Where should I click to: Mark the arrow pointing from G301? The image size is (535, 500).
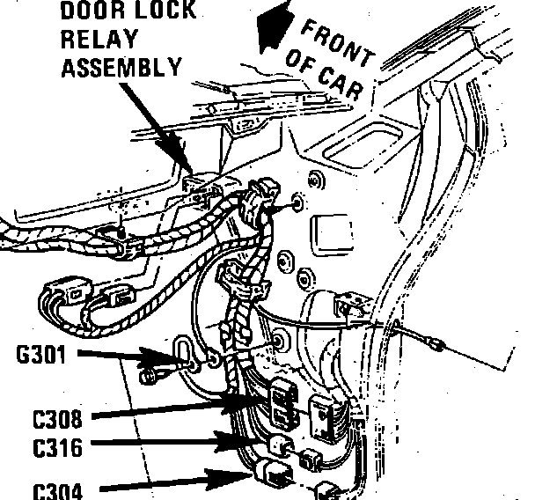click(x=132, y=357)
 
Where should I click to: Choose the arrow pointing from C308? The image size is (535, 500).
click(x=167, y=410)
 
